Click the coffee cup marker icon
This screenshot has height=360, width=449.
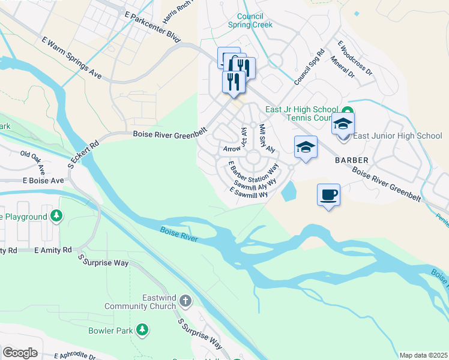click(x=328, y=195)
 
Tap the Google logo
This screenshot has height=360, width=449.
click(x=20, y=353)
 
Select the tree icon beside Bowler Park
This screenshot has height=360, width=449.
click(x=142, y=330)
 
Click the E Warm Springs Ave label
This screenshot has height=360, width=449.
click(x=71, y=58)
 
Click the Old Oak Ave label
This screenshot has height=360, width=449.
click(x=37, y=163)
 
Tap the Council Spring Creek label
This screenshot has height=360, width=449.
click(x=250, y=20)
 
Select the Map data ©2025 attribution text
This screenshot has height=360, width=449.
click(x=423, y=355)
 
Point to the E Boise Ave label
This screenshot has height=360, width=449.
click(x=43, y=180)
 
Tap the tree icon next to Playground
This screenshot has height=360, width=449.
click(x=56, y=215)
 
